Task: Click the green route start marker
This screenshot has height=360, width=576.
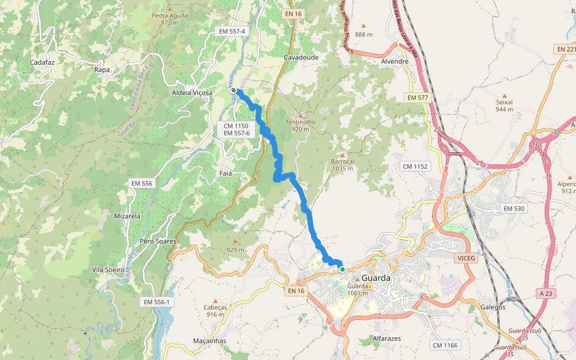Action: (x=342, y=269)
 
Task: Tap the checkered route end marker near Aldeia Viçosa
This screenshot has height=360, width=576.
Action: (x=233, y=91)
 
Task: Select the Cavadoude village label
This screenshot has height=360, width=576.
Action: (x=301, y=57)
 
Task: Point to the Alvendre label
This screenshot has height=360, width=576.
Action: (x=395, y=61)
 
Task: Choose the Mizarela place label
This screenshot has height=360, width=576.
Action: (x=127, y=215)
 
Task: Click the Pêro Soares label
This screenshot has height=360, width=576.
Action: (x=157, y=241)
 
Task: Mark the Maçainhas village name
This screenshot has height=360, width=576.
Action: (x=209, y=341)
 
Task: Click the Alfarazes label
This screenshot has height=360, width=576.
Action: (x=386, y=338)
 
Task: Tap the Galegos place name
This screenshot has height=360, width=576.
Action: (x=493, y=307)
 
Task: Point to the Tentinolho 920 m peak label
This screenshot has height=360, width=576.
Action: (x=301, y=125)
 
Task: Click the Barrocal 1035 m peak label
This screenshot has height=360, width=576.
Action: (x=343, y=164)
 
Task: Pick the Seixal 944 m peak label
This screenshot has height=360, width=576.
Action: (x=505, y=106)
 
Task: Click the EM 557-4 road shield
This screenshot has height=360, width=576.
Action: (x=233, y=31)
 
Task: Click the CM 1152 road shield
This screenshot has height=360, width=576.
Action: (x=416, y=166)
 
